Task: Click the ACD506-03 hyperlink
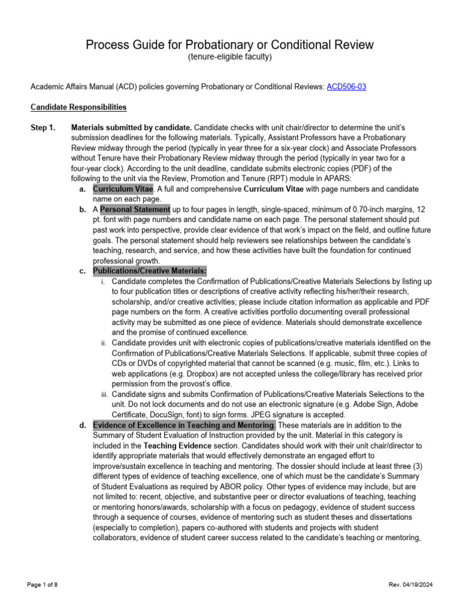[346, 87]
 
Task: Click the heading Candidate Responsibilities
[78, 107]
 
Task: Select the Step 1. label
[43, 128]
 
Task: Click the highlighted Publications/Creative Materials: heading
[150, 271]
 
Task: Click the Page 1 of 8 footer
[42, 584]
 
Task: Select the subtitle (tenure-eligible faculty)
[230, 58]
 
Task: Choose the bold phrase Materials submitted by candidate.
[132, 128]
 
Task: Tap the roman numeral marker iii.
[103, 395]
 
